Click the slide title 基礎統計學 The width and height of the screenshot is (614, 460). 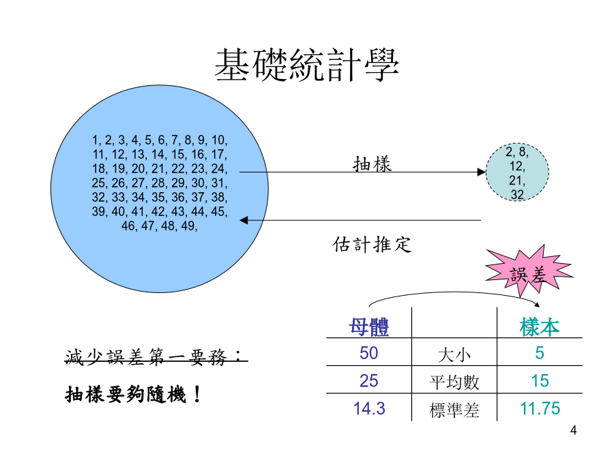306,65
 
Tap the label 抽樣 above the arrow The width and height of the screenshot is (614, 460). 372,164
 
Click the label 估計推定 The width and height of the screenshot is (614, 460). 372,245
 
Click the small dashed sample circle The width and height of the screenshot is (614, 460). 517,172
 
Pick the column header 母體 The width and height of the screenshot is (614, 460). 369,326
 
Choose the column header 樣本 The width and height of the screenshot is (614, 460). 540,326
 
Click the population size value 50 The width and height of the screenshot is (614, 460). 369,353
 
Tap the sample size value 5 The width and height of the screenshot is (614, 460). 540,353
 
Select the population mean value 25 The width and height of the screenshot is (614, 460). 369,380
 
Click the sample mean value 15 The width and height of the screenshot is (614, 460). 540,380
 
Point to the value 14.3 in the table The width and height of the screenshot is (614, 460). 369,408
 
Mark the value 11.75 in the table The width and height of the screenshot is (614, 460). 540,408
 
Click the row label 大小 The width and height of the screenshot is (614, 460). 454,355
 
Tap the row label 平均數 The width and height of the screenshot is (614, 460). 454,382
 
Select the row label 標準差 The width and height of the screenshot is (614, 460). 454,410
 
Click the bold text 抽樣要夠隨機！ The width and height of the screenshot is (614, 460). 133,394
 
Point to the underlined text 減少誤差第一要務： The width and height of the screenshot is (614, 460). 156,356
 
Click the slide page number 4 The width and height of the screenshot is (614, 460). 573,431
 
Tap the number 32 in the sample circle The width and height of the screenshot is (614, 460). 517,194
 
